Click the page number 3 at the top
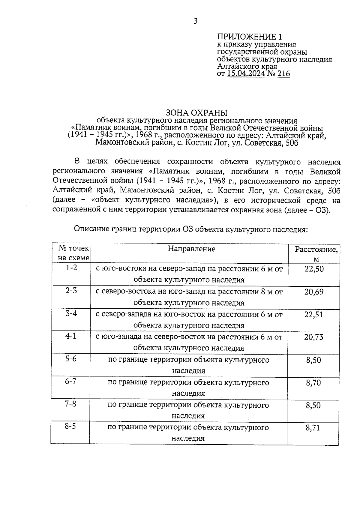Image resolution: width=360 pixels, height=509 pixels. [196, 21]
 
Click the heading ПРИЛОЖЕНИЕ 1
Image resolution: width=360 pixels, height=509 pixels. [250, 37]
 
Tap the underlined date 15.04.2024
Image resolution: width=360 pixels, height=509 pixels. [246, 74]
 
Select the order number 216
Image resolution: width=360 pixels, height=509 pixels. [283, 74]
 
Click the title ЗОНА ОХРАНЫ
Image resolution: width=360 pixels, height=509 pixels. [197, 113]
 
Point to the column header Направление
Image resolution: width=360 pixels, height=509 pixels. [191, 249]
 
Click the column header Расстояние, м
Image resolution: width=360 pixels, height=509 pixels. [316, 254]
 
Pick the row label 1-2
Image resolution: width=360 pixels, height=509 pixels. [71, 268]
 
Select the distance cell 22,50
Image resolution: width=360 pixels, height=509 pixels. [314, 269]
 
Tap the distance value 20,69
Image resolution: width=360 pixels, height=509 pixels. [314, 292]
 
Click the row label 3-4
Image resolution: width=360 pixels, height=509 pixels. [71, 313]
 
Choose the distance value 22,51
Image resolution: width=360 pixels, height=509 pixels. [314, 314]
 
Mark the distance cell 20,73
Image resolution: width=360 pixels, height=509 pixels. [314, 337]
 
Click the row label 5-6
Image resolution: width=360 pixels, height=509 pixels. [71, 359]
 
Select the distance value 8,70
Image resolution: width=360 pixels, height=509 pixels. [313, 383]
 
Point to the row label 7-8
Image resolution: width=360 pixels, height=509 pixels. [70, 404]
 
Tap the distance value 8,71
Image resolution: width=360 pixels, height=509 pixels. [313, 428]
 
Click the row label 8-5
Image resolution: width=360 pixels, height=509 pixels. [70, 426]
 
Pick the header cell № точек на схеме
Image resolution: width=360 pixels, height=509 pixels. [73, 253]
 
